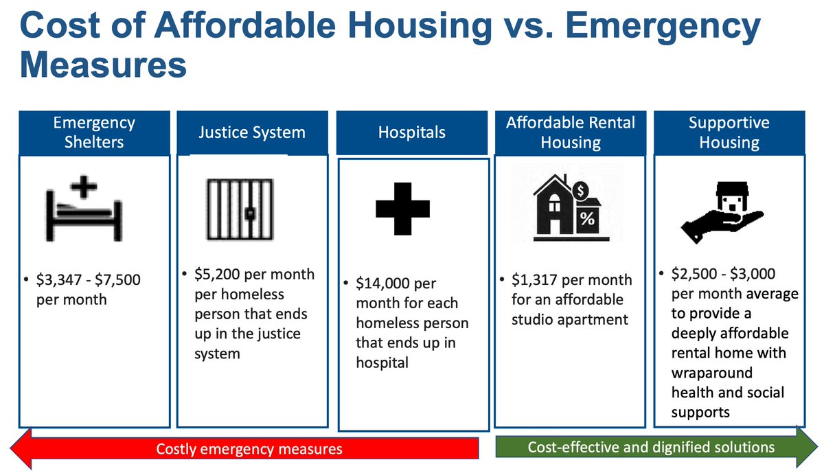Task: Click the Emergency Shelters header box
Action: pyautogui.click(x=94, y=132)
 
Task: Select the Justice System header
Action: pyautogui.click(x=252, y=132)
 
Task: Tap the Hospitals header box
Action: pyautogui.click(x=411, y=132)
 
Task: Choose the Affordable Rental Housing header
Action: pyautogui.click(x=571, y=132)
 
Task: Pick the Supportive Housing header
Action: pyautogui.click(x=729, y=132)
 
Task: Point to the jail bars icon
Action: pyautogui.click(x=240, y=210)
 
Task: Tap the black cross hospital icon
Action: pyautogui.click(x=402, y=208)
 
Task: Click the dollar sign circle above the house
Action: pyautogui.click(x=581, y=188)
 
